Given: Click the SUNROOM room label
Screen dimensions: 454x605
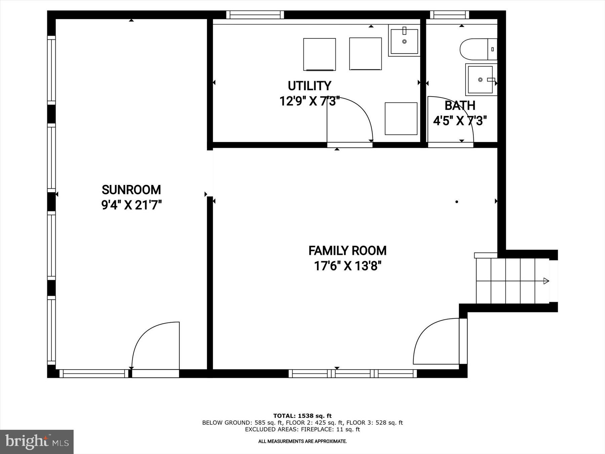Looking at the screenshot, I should [131, 190].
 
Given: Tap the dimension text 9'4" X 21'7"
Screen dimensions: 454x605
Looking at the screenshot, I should [131, 205].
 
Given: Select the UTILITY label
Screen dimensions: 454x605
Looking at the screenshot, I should [310, 86].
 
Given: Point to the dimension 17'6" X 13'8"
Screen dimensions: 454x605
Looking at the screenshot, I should [348, 266].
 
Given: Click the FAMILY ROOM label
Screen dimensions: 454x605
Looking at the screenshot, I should [348, 251].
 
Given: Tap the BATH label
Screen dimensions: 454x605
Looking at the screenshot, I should [460, 106].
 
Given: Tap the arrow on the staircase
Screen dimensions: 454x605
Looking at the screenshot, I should [546, 281].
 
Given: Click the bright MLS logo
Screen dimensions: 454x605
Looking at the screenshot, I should [37, 442].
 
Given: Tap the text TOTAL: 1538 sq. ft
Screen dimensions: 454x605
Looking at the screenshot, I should [302, 416].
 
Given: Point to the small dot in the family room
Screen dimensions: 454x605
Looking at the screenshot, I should [456, 202].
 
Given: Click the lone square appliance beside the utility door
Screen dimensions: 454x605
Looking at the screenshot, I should [401, 118].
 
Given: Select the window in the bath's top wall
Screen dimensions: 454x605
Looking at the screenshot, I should [449, 15].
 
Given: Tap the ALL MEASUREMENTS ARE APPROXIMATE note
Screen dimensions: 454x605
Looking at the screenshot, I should [302, 441].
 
